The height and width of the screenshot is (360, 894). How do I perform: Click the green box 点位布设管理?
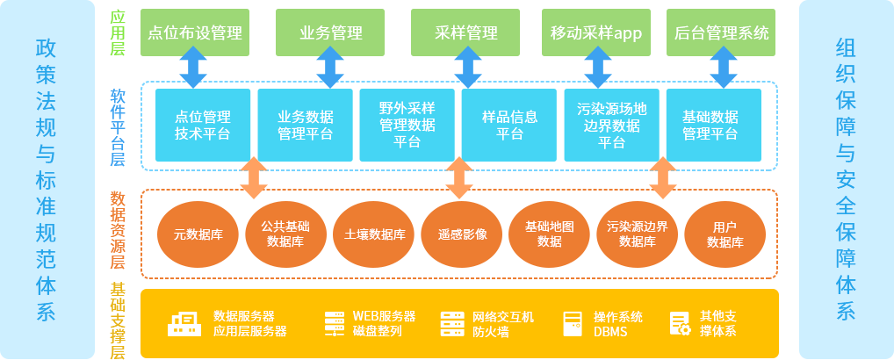[x=195, y=32]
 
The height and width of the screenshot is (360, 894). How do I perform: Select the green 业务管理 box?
[x=331, y=32]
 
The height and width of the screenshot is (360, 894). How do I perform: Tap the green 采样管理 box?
[x=465, y=32]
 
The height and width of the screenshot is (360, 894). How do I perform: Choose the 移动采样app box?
[x=596, y=32]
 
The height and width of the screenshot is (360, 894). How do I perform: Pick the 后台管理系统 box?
[x=721, y=32]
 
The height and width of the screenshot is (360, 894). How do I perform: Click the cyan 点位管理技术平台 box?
[x=203, y=125]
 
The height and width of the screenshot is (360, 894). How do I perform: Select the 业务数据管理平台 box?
[x=305, y=125]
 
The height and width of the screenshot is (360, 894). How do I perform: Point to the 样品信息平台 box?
[x=509, y=125]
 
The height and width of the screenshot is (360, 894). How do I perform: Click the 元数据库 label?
[x=198, y=234]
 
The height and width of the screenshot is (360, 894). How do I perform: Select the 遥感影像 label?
[x=462, y=234]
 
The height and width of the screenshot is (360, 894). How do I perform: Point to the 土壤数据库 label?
[x=374, y=234]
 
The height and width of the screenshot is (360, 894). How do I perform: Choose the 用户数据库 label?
[x=725, y=234]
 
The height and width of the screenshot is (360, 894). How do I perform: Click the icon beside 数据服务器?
[x=185, y=324]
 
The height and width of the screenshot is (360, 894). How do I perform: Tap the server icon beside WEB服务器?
[x=335, y=323]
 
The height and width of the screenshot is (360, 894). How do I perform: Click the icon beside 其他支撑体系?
[x=680, y=323]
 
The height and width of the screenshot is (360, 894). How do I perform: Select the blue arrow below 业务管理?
[x=330, y=68]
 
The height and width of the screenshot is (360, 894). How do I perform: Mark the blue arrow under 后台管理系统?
[x=721, y=68]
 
